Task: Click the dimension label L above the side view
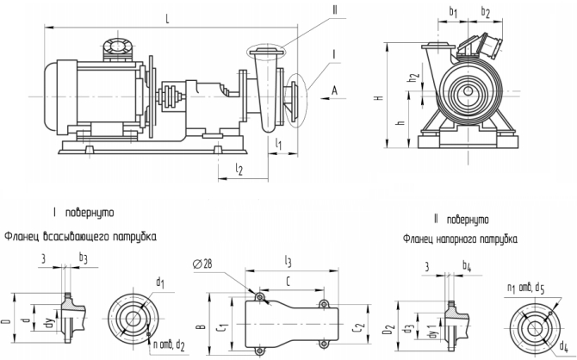[166, 16]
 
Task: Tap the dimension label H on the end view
[379, 98]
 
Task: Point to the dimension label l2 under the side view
[239, 170]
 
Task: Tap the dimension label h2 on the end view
[414, 78]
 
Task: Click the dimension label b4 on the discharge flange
[466, 267]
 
